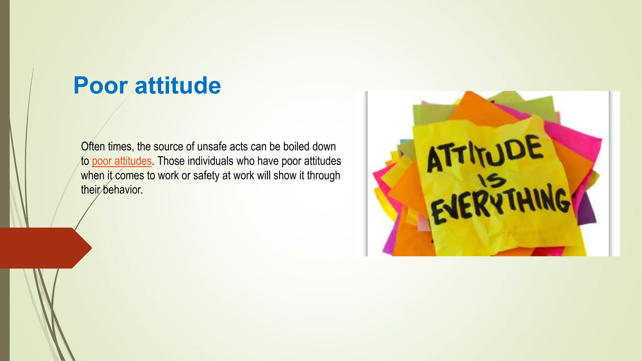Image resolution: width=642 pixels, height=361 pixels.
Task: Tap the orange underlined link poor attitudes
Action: point(122,161)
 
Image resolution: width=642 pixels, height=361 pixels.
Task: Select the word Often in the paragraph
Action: point(92,147)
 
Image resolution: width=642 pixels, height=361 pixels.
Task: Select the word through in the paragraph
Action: point(323,175)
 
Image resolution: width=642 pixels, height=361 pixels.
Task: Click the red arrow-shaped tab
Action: point(44,248)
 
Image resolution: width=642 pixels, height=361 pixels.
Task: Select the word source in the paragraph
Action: point(168,147)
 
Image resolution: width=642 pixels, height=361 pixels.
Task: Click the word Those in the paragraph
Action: point(171,161)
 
